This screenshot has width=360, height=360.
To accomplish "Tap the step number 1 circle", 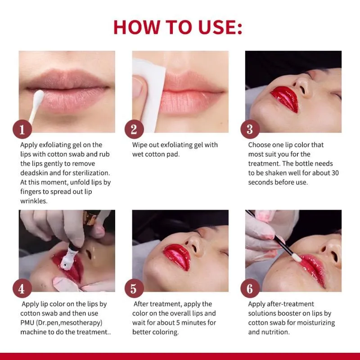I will point(22,129).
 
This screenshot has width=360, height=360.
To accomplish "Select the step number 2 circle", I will point(134,129).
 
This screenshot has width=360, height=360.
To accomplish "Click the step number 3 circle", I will point(250,129).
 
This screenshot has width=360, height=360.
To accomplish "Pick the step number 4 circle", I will point(22,288).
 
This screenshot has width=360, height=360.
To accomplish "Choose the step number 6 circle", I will point(250,288).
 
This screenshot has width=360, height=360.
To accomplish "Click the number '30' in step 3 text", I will point(334,173).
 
